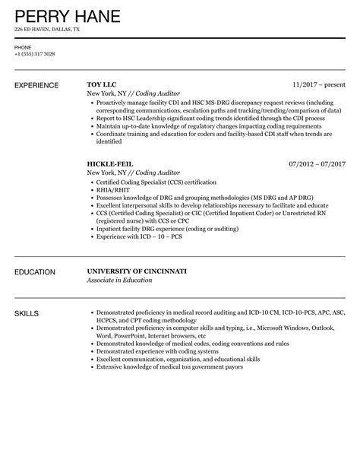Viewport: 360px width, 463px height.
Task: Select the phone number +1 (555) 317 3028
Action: click(33, 54)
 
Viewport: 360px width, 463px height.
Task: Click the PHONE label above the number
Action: click(22, 47)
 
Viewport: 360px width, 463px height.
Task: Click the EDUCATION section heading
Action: click(35, 271)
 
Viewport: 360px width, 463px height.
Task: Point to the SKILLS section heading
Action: click(27, 313)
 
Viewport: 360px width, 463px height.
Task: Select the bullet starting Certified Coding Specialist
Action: click(156, 182)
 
